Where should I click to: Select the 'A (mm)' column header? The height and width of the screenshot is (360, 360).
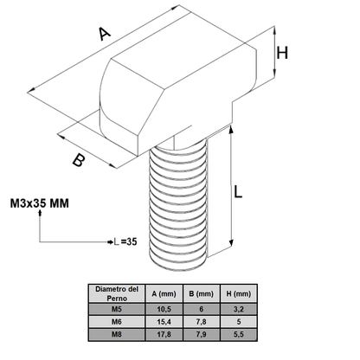pos(163,292)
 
